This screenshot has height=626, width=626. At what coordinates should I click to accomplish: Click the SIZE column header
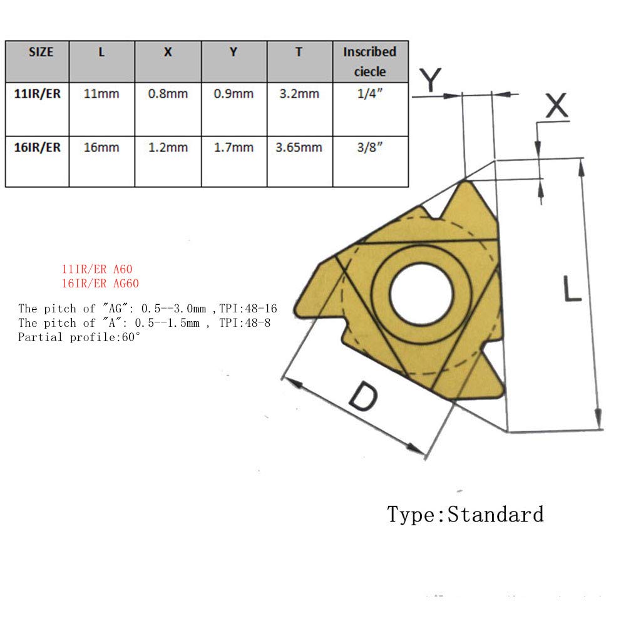point(41,52)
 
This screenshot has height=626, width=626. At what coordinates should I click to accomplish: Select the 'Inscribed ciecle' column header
point(369,61)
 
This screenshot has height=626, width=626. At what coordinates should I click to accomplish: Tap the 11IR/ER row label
point(38,95)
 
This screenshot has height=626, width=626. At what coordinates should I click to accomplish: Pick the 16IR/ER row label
point(38,148)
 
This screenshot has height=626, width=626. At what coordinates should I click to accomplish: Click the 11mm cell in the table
point(101,95)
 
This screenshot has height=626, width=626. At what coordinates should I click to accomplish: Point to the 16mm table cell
point(101,148)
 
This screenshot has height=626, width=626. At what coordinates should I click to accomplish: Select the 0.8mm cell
point(168,95)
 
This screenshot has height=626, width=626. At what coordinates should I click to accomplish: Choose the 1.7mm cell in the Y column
point(233,148)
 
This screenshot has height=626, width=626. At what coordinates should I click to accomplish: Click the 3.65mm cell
point(299,148)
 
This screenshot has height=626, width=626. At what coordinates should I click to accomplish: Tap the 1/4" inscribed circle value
point(369,95)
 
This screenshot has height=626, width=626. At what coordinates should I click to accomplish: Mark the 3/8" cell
point(369,148)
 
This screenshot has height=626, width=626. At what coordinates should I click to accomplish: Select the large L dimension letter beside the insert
point(571,289)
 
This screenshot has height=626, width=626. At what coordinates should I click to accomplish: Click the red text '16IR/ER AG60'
point(100,283)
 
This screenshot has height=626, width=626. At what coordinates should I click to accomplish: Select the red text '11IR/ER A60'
point(97,269)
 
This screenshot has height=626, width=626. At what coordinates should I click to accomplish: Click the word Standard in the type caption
point(495,515)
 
